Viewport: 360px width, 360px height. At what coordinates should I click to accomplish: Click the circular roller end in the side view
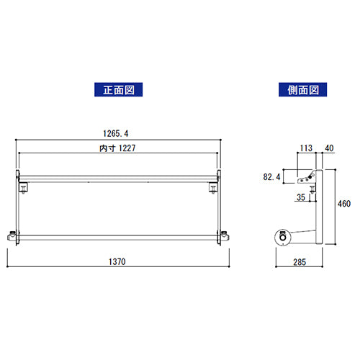coord(283,235)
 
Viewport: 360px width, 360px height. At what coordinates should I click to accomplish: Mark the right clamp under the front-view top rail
coord(212,188)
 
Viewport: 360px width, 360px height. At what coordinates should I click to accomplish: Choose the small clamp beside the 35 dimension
coord(315,189)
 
